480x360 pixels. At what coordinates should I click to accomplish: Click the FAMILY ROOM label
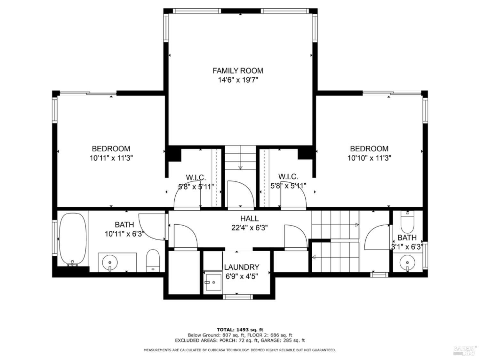click(x=238, y=71)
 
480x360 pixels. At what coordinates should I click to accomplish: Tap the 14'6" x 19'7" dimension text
click(x=238, y=80)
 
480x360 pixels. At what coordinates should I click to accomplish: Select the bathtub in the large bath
click(x=73, y=239)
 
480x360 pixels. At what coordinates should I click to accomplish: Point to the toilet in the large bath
click(x=153, y=260)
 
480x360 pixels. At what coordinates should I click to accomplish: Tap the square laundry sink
click(x=213, y=282)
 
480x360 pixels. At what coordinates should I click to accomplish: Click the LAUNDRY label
click(x=242, y=267)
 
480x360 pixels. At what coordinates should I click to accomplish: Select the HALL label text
click(x=249, y=219)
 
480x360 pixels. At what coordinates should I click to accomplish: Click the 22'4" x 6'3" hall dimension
click(x=249, y=228)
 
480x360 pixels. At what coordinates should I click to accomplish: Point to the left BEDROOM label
click(x=111, y=149)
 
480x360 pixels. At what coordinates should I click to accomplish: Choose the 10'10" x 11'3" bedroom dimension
click(x=370, y=158)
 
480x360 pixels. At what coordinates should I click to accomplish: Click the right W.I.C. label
click(x=288, y=177)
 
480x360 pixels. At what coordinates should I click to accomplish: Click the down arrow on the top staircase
click(x=240, y=168)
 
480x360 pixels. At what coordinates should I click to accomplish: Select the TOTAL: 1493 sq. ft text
click(x=240, y=329)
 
